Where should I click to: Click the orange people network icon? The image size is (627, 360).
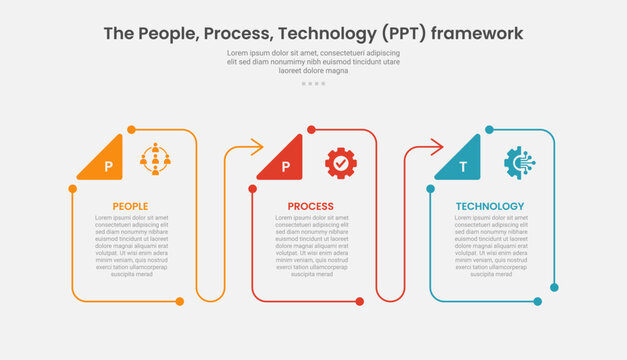pyautogui.click(x=156, y=159)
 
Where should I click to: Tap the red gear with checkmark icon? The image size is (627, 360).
pyautogui.click(x=340, y=162)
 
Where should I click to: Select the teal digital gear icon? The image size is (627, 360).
pyautogui.click(x=520, y=162)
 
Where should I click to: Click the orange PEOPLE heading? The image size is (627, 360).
pyautogui.click(x=131, y=207)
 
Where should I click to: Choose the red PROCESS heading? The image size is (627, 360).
pyautogui.click(x=311, y=207)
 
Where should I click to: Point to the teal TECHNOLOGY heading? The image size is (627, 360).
pyautogui.click(x=490, y=207)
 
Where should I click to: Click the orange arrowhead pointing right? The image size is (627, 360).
pyautogui.click(x=256, y=148)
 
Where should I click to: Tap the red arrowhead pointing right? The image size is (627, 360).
pyautogui.click(x=436, y=148)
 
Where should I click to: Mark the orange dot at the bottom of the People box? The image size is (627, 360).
pyautogui.click(x=180, y=301)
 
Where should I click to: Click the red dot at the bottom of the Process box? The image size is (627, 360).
pyautogui.click(x=359, y=301)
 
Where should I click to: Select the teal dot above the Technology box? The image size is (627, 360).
pyautogui.click(x=489, y=129)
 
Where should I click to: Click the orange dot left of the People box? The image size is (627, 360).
pyautogui.click(x=72, y=188)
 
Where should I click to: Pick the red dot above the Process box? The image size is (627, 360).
pyautogui.click(x=311, y=129)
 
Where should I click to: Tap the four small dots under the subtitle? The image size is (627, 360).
pyautogui.click(x=313, y=83)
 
